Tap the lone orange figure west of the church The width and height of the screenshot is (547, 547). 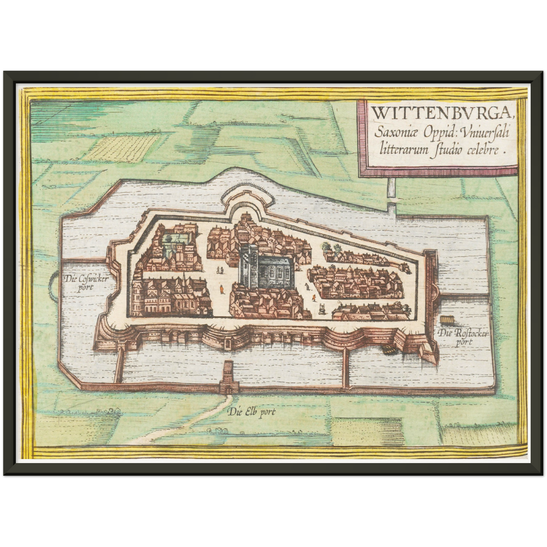click(x=220, y=290)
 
